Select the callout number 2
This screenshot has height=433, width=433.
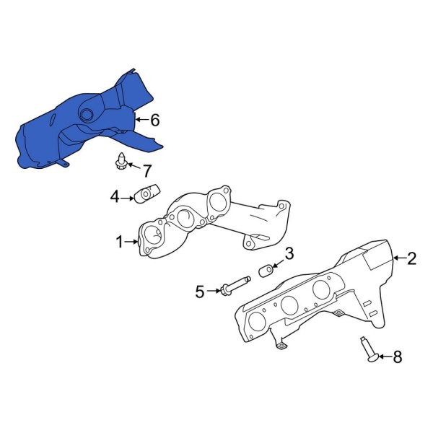pos(411,258)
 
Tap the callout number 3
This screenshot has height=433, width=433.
pos(289,253)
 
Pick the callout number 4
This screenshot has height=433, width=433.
pos(115,196)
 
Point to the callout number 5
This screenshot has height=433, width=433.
pos(200,291)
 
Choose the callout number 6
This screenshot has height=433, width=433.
pos(154,120)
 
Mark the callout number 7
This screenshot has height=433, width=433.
pos(147,171)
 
